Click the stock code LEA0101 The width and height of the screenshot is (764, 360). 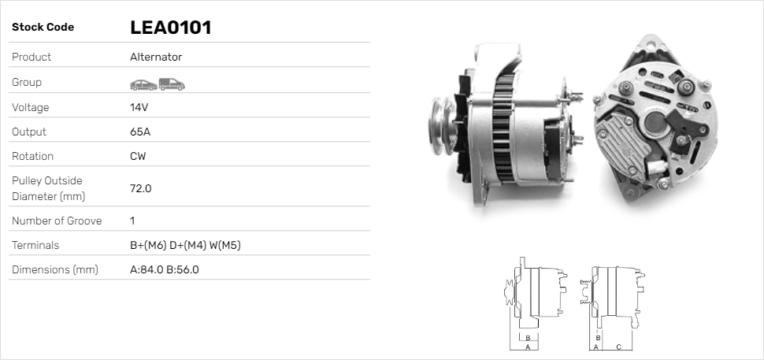(170, 28)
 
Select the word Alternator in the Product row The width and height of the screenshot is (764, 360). (156, 57)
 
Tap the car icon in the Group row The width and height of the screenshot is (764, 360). (143, 84)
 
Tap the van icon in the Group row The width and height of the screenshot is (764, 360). (171, 84)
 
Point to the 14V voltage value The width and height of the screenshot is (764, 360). (139, 107)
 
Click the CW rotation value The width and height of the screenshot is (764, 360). (138, 156)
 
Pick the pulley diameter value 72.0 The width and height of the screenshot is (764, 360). (140, 188)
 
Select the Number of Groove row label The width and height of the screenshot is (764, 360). (57, 221)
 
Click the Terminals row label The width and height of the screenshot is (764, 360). (35, 245)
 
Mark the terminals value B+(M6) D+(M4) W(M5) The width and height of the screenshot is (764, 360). (185, 245)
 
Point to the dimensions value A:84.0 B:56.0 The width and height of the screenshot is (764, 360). (164, 269)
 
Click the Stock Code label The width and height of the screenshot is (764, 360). (43, 28)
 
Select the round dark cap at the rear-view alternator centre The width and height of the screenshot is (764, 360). (655, 121)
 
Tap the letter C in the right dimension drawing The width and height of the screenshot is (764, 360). (619, 347)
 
